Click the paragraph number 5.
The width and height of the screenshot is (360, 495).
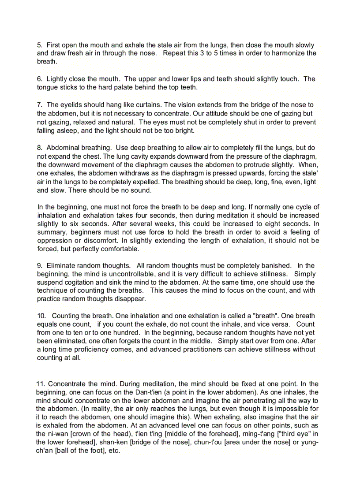click(x=39, y=45)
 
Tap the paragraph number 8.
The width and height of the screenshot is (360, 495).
click(x=39, y=148)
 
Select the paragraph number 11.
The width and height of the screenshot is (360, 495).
click(x=41, y=384)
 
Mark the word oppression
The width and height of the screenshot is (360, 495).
click(x=56, y=241)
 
